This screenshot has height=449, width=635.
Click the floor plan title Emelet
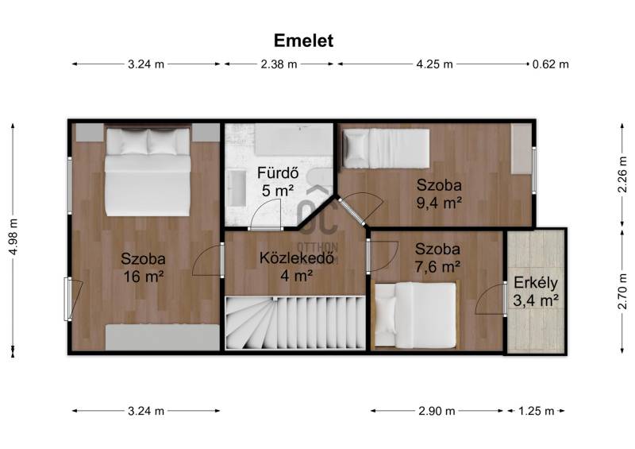click(x=303, y=41)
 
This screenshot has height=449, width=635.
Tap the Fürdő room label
click(x=279, y=173)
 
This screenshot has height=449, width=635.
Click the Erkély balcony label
click(x=535, y=284)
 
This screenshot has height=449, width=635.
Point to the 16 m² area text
click(x=144, y=277)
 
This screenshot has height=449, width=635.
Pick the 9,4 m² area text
click(x=440, y=203)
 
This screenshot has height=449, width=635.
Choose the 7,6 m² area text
click(x=437, y=266)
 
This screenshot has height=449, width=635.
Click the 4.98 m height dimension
click(x=13, y=237)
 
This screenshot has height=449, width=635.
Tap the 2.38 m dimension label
click(x=279, y=64)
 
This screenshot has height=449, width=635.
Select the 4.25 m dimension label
click(x=434, y=64)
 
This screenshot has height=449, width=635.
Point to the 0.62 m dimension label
click(x=550, y=64)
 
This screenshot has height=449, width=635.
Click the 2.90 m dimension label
click(x=437, y=412)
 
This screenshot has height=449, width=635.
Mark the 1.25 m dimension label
click(x=537, y=412)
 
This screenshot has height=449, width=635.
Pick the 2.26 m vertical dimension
click(x=622, y=175)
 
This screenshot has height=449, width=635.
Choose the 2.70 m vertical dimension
click(x=622, y=291)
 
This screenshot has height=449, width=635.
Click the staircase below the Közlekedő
click(x=295, y=323)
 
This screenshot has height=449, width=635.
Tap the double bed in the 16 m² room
click(x=148, y=172)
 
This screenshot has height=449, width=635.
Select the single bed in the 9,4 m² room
click(x=386, y=149)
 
